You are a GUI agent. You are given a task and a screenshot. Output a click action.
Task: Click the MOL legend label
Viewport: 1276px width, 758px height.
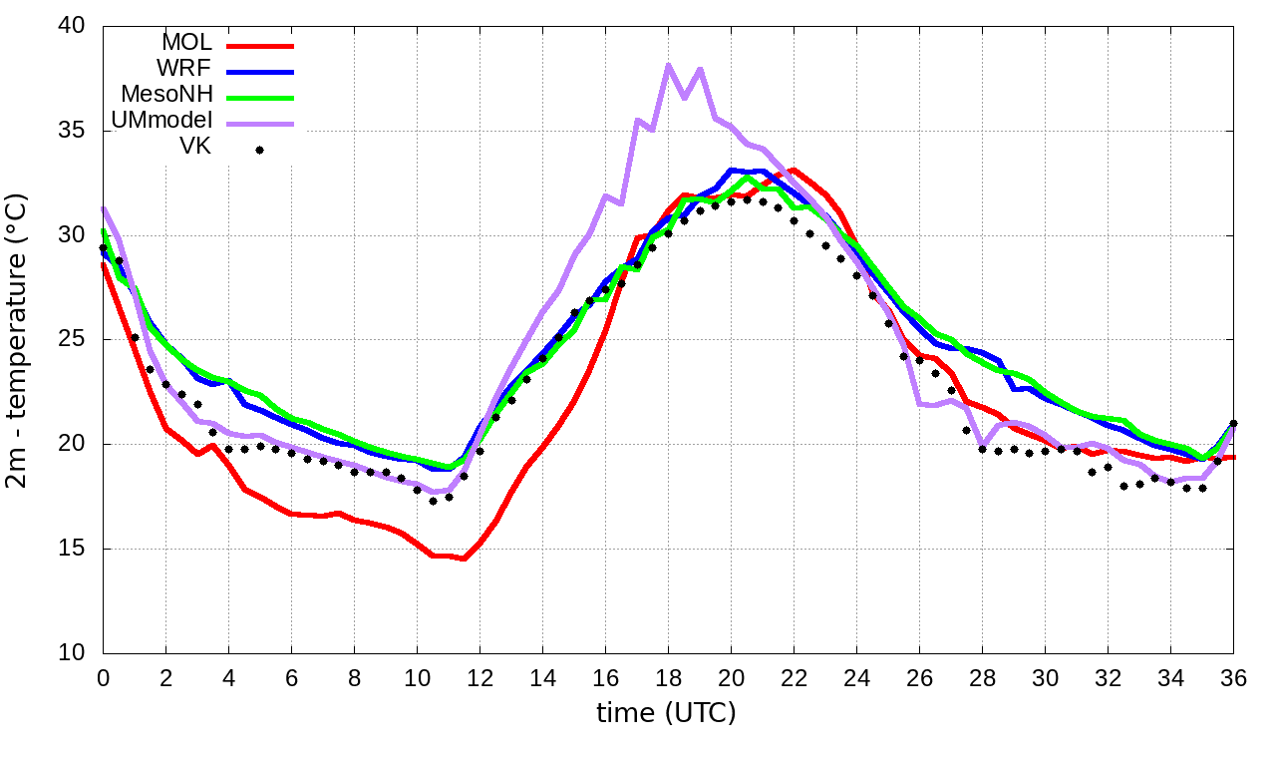tap(186, 43)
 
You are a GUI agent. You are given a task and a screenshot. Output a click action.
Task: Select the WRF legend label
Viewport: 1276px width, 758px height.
tap(184, 69)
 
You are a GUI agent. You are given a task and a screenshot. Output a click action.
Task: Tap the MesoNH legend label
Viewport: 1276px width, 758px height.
tap(166, 95)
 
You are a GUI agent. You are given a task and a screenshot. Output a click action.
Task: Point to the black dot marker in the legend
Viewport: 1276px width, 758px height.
tap(259, 150)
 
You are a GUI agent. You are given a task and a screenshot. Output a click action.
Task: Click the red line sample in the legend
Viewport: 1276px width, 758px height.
tap(260, 45)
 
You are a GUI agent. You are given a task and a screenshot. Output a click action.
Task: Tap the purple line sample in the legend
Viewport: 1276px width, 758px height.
tap(260, 124)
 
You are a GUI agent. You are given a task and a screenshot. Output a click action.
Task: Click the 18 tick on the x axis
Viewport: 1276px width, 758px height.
tap(668, 677)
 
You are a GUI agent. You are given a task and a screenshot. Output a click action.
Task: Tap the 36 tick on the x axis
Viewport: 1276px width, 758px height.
tap(1233, 677)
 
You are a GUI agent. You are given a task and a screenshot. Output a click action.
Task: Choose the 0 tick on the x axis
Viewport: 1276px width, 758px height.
tap(103, 677)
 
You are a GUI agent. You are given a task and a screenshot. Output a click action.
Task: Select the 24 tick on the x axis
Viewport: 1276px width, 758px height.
tap(856, 677)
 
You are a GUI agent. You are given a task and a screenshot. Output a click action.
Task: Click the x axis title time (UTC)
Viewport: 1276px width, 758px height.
tap(666, 713)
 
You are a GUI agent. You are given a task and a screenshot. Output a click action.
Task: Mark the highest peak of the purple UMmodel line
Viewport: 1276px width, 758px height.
tap(668, 66)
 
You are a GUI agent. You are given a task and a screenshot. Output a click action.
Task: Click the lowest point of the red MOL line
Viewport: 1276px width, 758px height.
tap(464, 559)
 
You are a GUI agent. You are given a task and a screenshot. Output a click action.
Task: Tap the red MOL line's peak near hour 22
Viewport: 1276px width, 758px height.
tap(794, 171)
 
